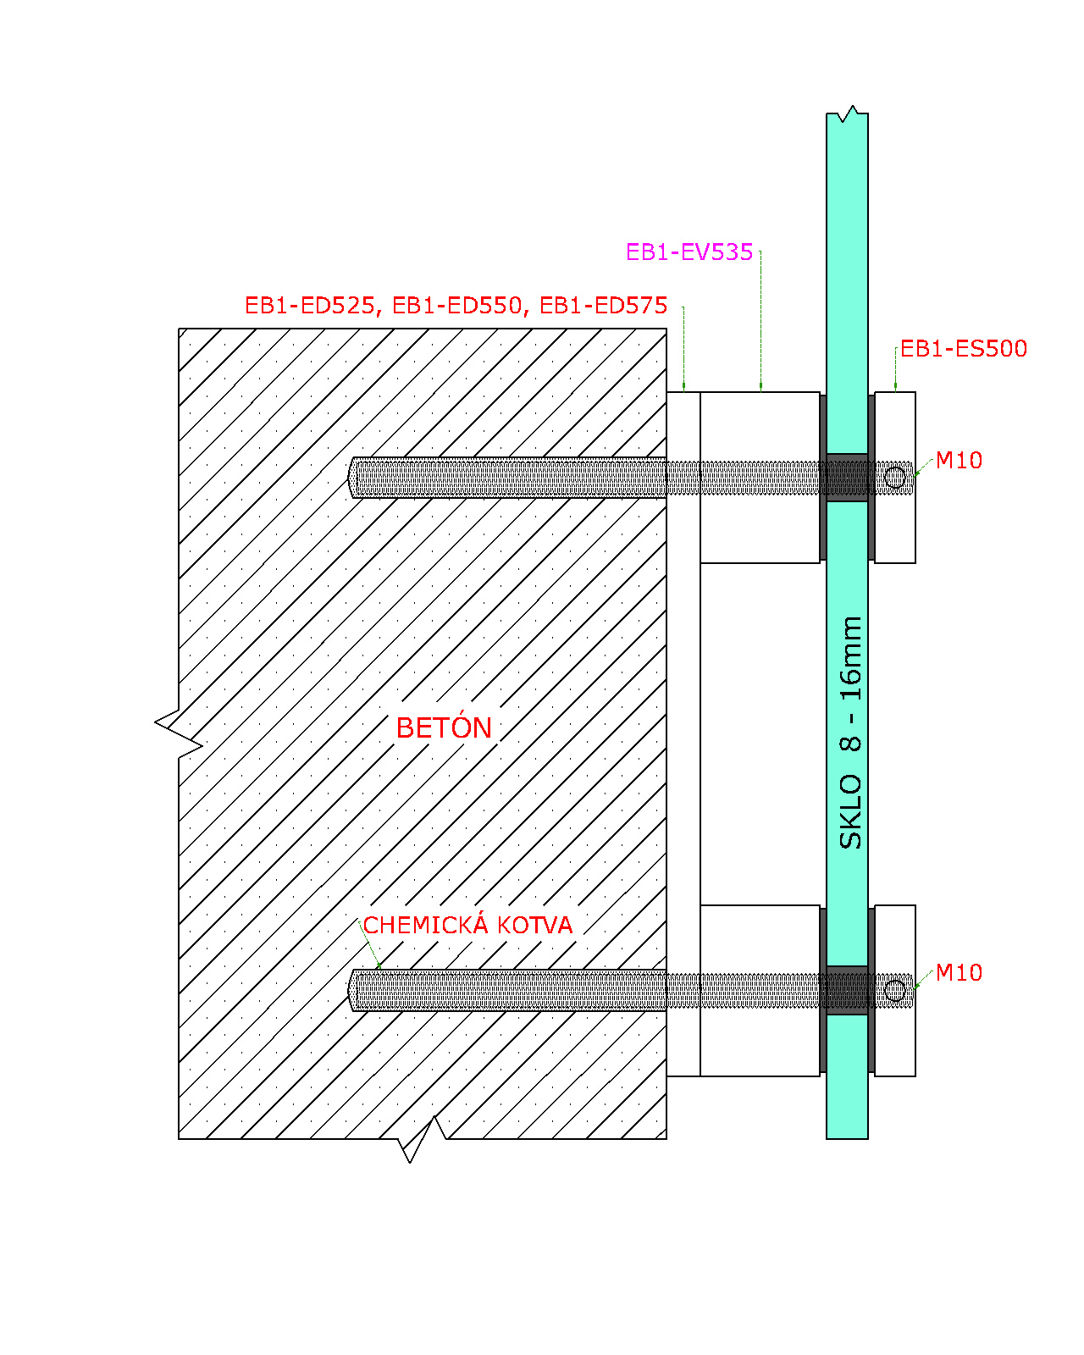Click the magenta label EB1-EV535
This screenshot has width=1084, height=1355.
[689, 252]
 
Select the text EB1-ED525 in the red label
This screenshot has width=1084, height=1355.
[310, 306]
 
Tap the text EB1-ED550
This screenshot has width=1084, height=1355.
[457, 306]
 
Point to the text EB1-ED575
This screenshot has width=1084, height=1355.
[604, 306]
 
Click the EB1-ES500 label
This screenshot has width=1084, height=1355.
[963, 348]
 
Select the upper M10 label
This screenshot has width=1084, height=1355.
[959, 460]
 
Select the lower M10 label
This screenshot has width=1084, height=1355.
[959, 973]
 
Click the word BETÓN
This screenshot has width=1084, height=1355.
[444, 727]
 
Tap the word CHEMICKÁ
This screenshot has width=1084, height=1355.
[426, 924]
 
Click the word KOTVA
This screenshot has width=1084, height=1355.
[534, 925]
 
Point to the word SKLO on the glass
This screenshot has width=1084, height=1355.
[850, 811]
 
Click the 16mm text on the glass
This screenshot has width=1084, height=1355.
[850, 659]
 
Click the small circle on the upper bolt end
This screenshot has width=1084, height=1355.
[894, 478]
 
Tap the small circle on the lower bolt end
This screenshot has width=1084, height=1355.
[894, 991]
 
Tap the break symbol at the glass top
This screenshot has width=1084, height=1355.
[847, 114]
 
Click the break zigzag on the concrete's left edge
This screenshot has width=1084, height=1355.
[178, 733]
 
